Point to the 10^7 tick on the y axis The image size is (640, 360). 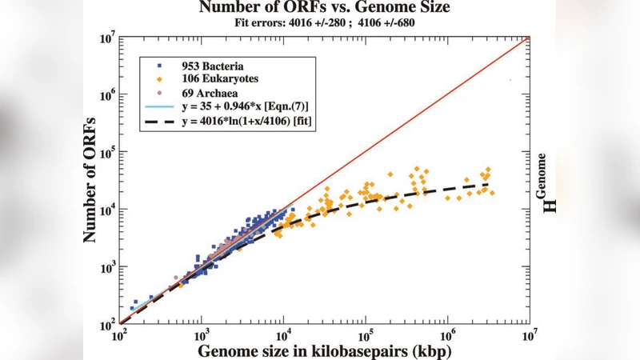107,36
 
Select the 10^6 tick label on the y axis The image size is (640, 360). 107,94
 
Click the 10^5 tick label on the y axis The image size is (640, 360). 107,151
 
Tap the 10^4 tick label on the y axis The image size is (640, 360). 107,209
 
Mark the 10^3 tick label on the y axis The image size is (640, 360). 107,266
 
